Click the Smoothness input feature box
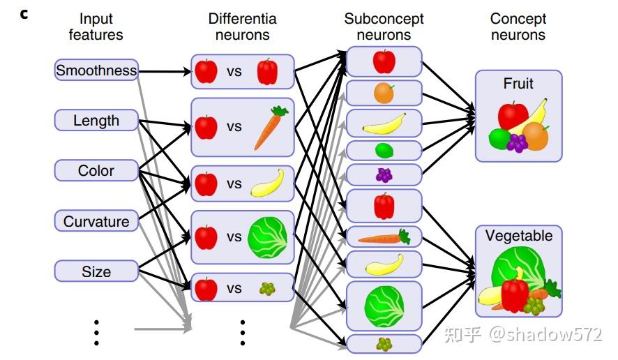96,70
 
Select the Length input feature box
96,121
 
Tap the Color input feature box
96,170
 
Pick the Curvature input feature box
96,221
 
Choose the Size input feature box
96,271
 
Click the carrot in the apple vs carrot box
269,128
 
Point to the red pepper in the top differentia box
267,71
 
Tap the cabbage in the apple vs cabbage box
267,237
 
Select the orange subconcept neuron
384,93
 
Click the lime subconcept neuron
384,150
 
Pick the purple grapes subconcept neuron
384,174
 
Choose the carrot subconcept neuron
384,237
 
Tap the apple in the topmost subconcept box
384,61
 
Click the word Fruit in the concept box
518,84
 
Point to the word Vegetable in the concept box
518,236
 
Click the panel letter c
24,13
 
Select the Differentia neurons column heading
242,27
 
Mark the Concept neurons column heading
518,27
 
